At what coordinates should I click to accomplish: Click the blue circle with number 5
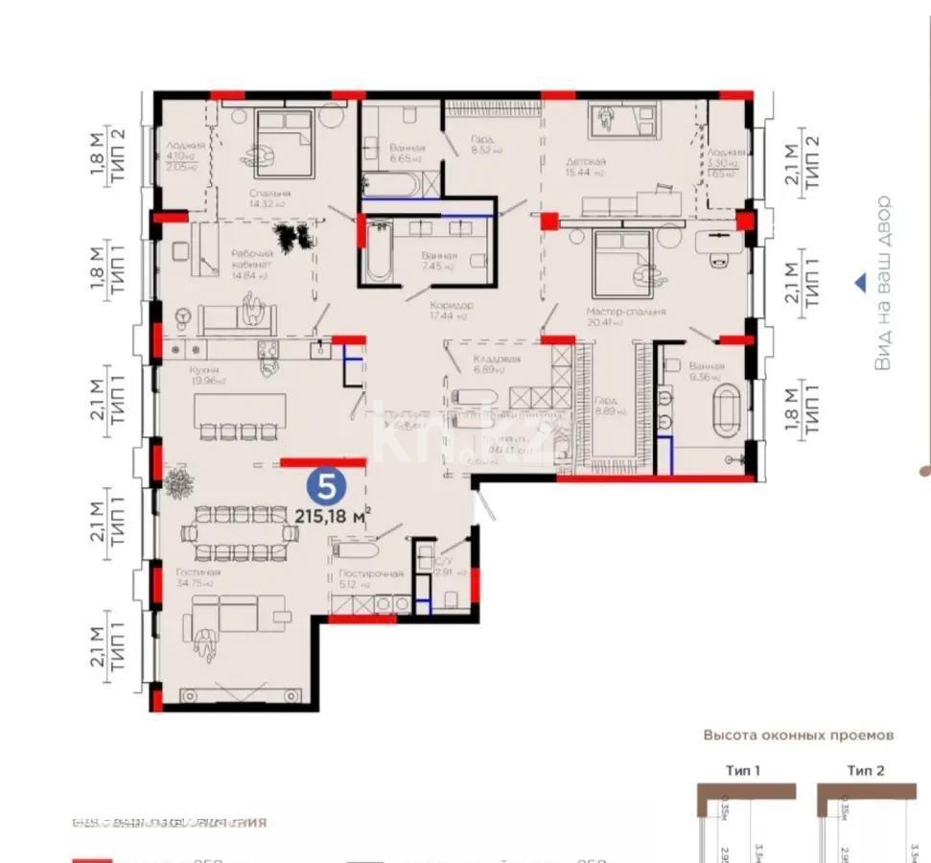click(x=326, y=486)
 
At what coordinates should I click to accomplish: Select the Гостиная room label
click(x=198, y=572)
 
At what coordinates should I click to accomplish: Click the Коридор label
click(x=452, y=305)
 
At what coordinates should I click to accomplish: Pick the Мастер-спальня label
click(x=625, y=312)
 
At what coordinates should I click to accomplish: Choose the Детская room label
click(x=585, y=162)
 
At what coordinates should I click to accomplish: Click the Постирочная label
click(x=370, y=573)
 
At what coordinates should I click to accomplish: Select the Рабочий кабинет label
click(x=252, y=259)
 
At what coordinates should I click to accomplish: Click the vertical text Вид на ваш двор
click(x=883, y=283)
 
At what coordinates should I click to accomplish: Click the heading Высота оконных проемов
click(x=798, y=735)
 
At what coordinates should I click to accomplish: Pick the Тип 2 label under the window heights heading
click(x=865, y=770)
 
